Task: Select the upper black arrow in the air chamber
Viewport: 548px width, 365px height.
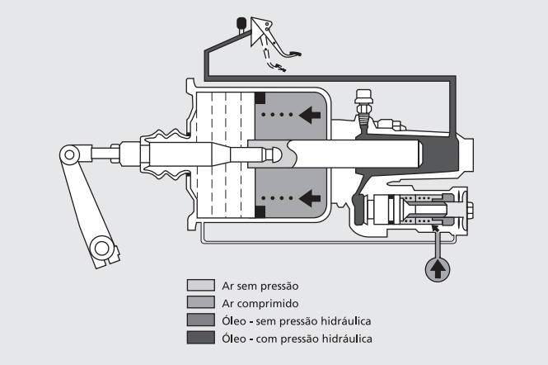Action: point(310,115)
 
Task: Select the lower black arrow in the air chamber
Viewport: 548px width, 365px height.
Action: point(310,197)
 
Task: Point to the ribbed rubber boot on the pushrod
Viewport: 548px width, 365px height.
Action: point(168,154)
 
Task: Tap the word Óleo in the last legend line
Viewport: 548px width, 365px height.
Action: point(233,337)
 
